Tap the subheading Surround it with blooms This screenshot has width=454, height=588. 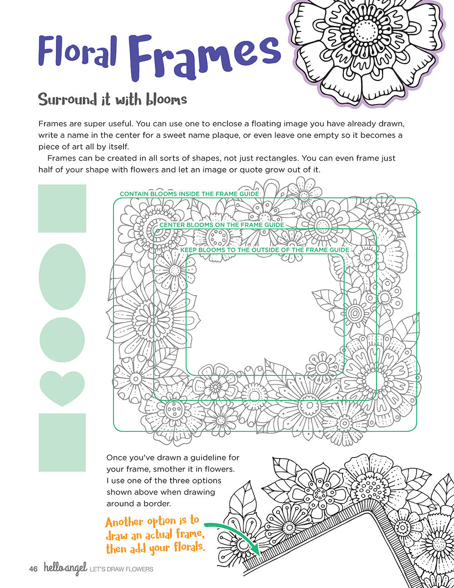click(x=113, y=99)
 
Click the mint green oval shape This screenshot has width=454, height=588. click(x=62, y=277)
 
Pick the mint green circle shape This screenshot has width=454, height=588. click(x=62, y=339)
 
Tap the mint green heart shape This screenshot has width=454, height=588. click(x=62, y=387)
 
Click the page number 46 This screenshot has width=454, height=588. click(x=33, y=569)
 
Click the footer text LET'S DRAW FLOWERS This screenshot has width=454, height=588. click(x=122, y=569)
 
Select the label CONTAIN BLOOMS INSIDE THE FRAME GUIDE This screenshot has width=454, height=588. click(x=189, y=194)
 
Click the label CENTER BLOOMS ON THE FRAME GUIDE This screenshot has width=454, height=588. click(x=222, y=225)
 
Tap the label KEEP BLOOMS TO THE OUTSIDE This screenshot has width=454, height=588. click(x=265, y=250)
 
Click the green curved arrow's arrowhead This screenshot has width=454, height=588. click(x=257, y=551)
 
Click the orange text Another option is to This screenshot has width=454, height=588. click(x=152, y=522)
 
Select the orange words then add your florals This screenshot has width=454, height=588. click(x=155, y=548)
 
